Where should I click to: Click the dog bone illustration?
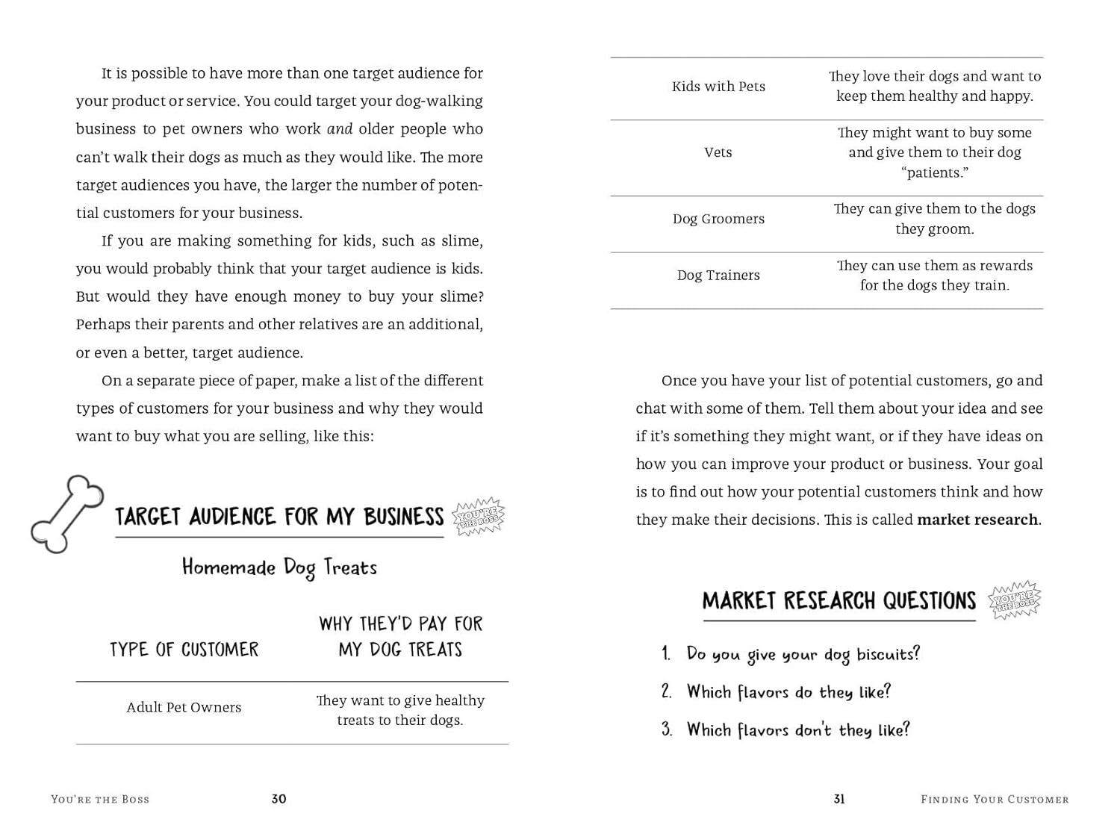pos(66,514)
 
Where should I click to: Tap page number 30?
pos(279,799)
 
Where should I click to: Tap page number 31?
pos(839,799)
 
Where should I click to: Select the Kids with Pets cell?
pos(718,87)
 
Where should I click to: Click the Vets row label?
pos(718,152)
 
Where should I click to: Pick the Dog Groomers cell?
pos(718,219)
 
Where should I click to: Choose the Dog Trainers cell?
pos(718,276)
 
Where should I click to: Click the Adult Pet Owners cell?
pos(184,708)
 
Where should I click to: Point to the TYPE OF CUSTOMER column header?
pos(184,650)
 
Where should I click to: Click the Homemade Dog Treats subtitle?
pos(279,568)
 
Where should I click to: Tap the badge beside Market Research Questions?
pos(1014,600)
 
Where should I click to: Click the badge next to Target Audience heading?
pos(479,517)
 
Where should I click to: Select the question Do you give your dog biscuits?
pos(803,655)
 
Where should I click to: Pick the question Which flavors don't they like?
pos(798,730)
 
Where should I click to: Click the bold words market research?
pos(977,520)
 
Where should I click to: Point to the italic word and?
pos(340,129)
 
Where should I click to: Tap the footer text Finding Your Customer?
pos(995,800)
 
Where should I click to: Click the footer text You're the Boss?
pos(100,800)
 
